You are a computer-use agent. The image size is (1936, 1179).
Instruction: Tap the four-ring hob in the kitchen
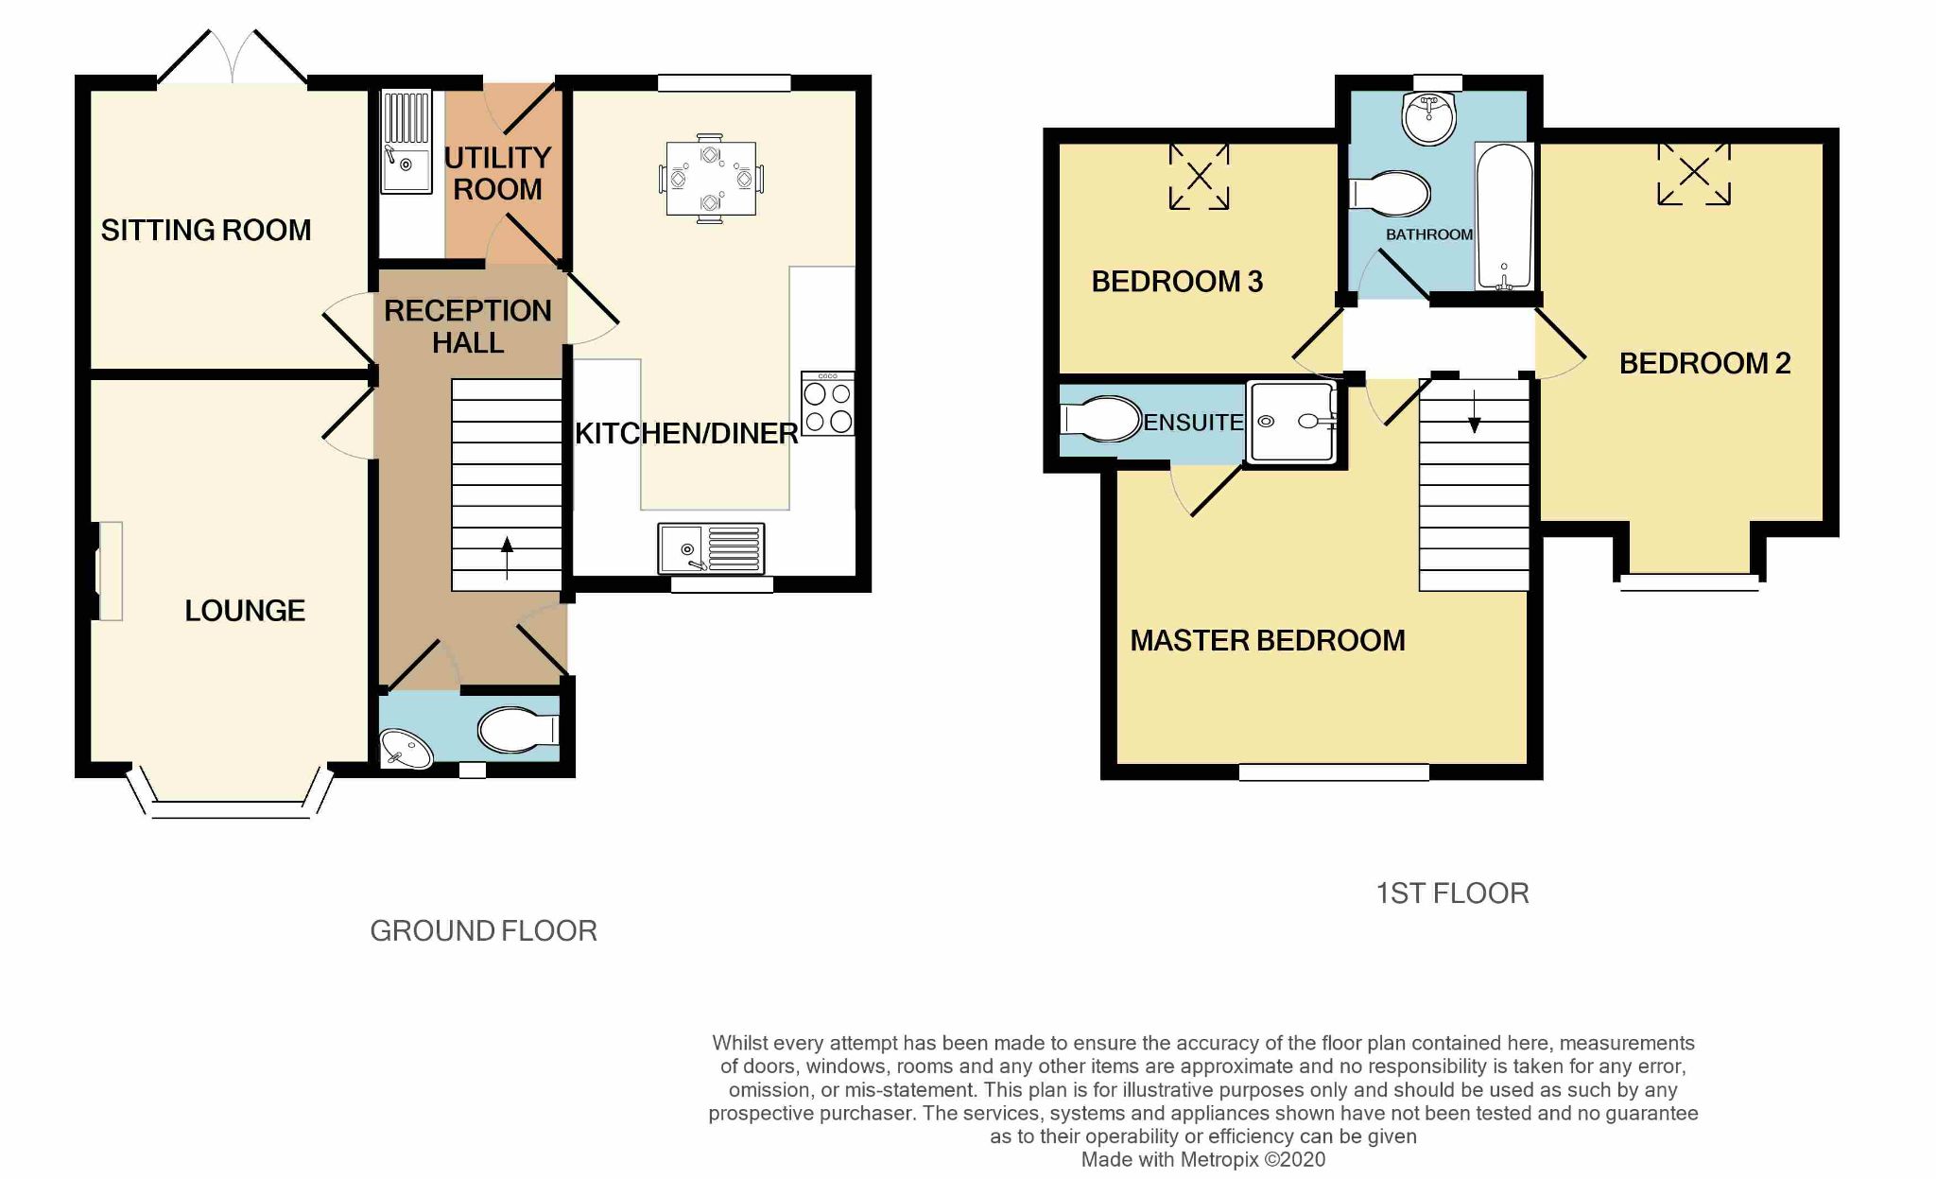pos(827,405)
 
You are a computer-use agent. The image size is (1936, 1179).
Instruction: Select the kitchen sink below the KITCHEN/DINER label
pos(712,548)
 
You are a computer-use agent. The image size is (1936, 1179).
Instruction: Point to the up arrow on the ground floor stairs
pos(508,557)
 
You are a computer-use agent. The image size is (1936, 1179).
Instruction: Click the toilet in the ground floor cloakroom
pos(516,730)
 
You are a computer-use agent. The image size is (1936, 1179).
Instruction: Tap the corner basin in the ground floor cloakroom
pos(404,750)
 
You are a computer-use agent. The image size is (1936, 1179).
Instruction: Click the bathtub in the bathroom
pos(1503,217)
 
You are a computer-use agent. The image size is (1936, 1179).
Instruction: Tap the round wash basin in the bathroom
pos(1429,118)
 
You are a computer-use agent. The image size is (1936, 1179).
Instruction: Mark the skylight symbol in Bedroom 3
pos(1199,176)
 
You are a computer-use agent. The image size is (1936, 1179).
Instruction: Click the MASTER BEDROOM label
pos(1267,640)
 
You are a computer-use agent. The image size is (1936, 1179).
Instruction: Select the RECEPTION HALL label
pos(467,326)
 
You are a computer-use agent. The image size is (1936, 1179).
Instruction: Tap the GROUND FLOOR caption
pos(483,931)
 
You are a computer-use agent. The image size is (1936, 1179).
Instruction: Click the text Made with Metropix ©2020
pos(1202,1159)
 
